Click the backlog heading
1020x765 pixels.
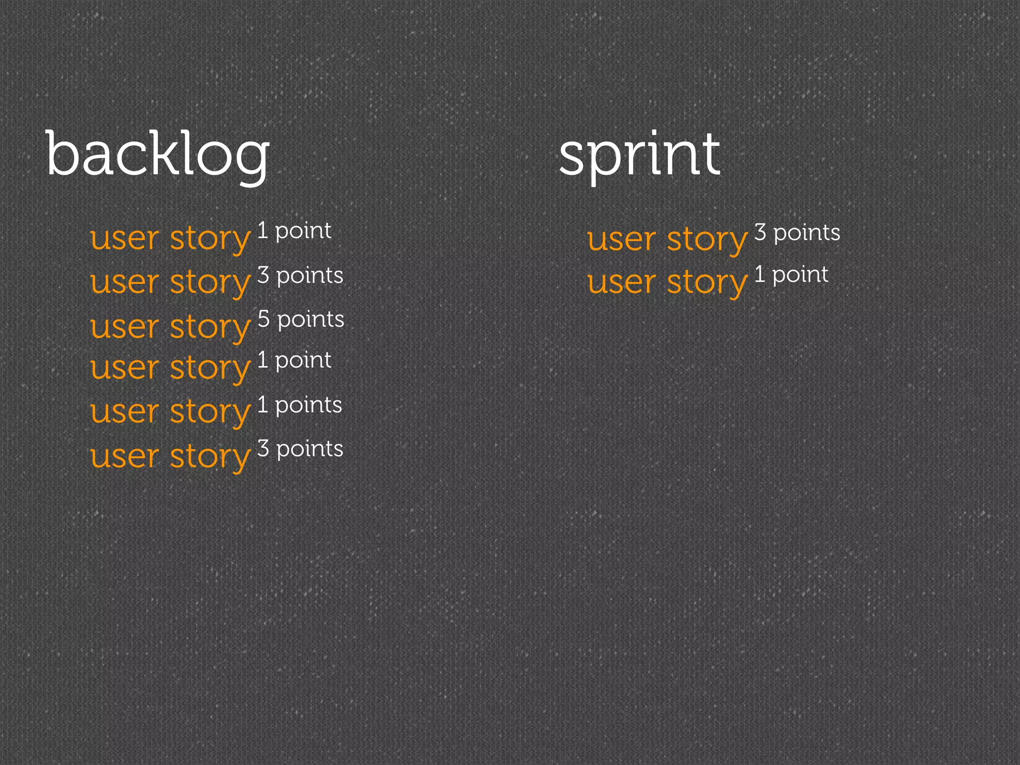point(157,154)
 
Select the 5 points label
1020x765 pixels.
point(301,319)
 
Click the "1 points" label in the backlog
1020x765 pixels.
point(300,405)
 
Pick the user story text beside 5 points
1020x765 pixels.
point(170,327)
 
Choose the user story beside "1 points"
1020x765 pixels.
point(170,412)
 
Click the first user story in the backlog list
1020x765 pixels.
point(170,239)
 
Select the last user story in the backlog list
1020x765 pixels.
point(170,456)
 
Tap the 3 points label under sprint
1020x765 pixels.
point(797,233)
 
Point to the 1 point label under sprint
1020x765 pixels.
point(791,274)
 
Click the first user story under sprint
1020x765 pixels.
point(667,240)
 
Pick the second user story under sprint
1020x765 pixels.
point(667,282)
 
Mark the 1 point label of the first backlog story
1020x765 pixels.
point(294,231)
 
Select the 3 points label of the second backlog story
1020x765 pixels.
point(300,275)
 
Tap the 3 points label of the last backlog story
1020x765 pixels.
point(300,449)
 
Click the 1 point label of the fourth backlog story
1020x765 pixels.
point(294,360)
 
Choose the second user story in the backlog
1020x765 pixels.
point(170,282)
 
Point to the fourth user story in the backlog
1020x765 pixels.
point(170,368)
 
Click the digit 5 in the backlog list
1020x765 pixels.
point(263,319)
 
